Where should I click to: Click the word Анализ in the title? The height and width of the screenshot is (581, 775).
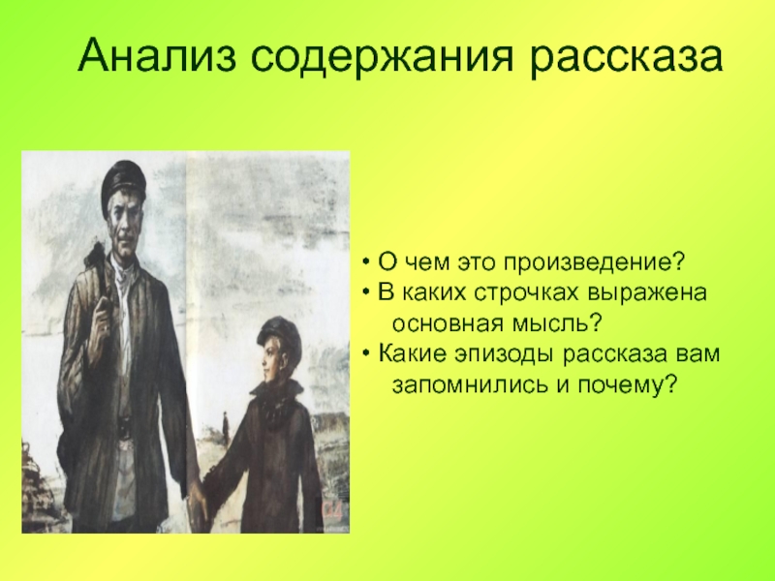157,55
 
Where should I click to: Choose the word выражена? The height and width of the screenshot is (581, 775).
647,293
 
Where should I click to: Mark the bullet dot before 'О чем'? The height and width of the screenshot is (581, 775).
366,263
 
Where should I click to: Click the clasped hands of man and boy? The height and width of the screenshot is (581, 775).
198,503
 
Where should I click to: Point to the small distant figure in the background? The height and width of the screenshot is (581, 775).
226,428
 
